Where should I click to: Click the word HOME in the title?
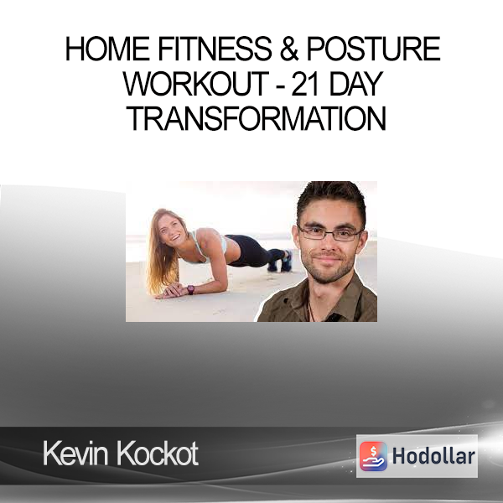click(107, 49)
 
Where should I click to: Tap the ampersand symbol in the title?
click(289, 49)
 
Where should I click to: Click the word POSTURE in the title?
click(374, 49)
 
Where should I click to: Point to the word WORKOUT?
click(195, 84)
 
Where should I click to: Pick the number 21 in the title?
click(305, 84)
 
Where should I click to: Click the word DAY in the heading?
click(356, 84)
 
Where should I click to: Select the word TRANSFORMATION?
click(257, 119)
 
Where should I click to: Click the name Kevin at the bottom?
click(75, 454)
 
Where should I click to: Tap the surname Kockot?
click(158, 454)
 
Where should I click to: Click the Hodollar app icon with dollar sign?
click(373, 456)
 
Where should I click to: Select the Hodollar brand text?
click(433, 456)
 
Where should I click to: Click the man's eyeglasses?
click(330, 234)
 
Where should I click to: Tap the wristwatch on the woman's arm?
click(190, 289)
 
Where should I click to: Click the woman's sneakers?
click(281, 261)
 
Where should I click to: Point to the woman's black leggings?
click(253, 251)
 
